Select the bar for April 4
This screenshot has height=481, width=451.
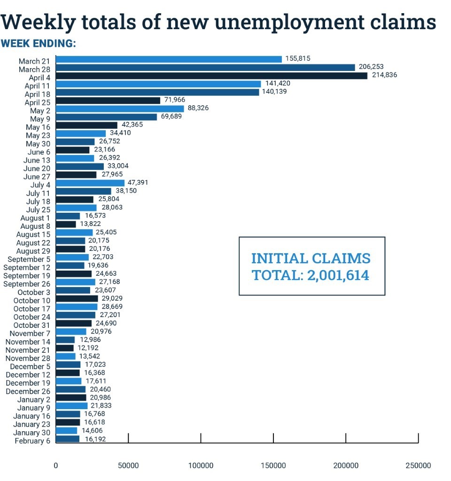pos(211,76)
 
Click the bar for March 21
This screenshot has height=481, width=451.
pos(169,59)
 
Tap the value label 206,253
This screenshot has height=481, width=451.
pos(371,67)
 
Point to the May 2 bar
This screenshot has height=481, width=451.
pos(120,109)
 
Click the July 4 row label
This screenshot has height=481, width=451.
pos(40,185)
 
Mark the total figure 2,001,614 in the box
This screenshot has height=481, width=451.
pos(338,275)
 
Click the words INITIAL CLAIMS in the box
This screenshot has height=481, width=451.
pos(311,258)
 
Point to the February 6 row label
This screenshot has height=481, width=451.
pos(32,441)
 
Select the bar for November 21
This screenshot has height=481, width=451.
pos(65,348)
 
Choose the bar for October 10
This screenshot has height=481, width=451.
pos(77,298)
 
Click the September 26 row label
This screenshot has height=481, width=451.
pos(27,284)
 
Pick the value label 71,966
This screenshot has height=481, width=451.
pos(175,100)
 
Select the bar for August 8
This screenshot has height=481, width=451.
pos(66,224)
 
